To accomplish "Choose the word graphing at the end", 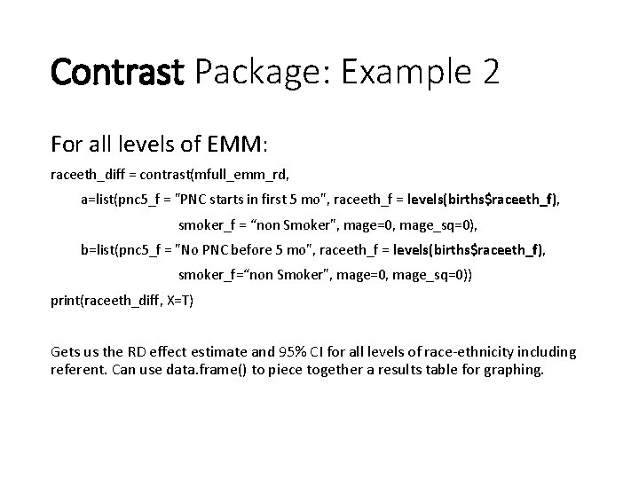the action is [x=510, y=369].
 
